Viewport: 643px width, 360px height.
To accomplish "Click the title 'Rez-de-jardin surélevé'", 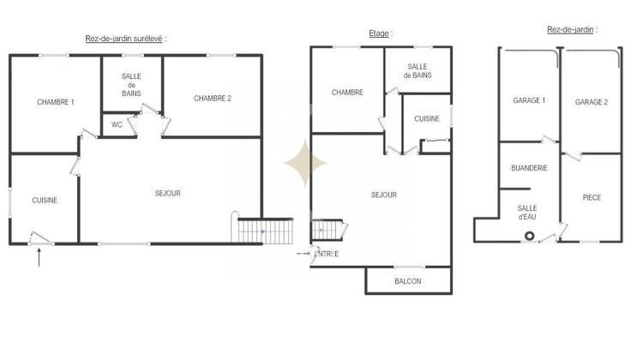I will click(x=125, y=39).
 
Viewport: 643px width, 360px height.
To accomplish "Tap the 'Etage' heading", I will click(x=378, y=33).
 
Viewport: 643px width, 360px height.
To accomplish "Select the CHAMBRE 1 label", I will click(x=56, y=102).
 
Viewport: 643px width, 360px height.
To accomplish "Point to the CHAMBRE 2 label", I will click(x=213, y=98).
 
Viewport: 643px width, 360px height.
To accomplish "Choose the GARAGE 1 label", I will click(x=529, y=101).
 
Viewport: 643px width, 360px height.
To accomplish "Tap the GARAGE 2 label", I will click(x=592, y=102).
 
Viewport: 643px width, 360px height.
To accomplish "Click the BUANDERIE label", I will click(x=529, y=168).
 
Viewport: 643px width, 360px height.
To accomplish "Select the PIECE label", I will click(x=592, y=197).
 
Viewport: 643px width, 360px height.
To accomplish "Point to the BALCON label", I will click(x=407, y=281).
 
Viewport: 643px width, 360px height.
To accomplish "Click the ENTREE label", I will click(x=327, y=254).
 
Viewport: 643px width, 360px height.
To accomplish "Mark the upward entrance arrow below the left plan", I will click(x=39, y=257).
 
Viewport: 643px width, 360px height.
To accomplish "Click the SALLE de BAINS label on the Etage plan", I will click(x=418, y=71).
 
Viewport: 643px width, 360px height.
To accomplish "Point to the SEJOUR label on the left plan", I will click(x=167, y=194).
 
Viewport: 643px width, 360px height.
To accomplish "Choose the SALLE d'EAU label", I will click(x=527, y=213).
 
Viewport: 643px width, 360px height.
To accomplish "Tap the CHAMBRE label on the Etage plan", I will click(x=347, y=93).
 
